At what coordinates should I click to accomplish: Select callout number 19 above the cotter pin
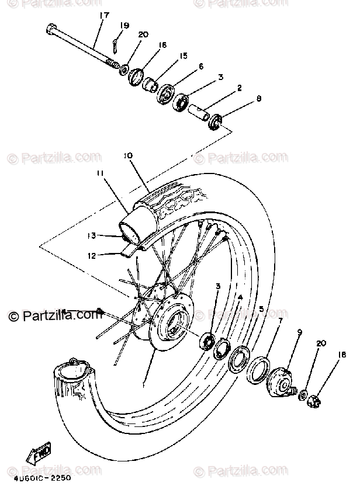coord(124,25)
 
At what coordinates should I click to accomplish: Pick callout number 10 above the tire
coord(128,156)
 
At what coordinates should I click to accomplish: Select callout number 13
coord(91,237)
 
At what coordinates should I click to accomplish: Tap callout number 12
coord(92,255)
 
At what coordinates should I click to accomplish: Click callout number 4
coord(240,298)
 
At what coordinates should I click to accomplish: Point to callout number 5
coord(261,309)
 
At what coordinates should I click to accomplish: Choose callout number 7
coord(281,321)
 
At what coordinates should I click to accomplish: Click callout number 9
coord(299,332)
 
